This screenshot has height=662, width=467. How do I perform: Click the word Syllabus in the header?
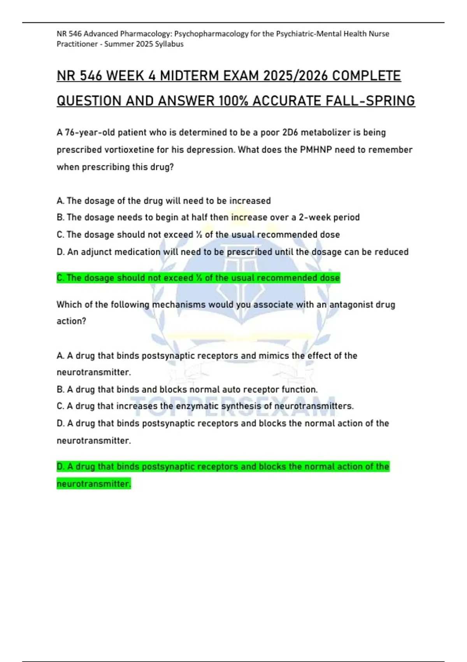[169, 44]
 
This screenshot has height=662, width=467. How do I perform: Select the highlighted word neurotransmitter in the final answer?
[94, 484]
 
